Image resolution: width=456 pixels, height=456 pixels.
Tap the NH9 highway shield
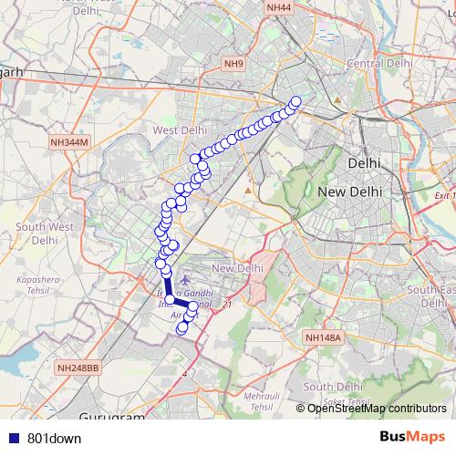[x=234, y=63]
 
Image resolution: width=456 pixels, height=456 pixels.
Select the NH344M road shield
[x=69, y=142]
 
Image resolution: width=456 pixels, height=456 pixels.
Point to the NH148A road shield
[x=323, y=337]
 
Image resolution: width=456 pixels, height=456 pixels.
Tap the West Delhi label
[x=180, y=130]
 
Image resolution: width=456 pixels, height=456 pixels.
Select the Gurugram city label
[x=113, y=418]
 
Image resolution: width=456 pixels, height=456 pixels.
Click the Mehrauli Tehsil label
[x=261, y=400]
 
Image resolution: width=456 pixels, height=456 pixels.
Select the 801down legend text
[x=55, y=438]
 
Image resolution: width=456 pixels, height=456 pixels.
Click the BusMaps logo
[x=412, y=436]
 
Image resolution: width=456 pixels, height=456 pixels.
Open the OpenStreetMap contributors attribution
[x=378, y=408]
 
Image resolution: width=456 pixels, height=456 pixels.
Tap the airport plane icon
[x=188, y=276]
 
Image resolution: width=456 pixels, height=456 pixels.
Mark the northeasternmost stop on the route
[x=295, y=101]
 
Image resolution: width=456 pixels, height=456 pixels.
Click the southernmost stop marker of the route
[x=182, y=326]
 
